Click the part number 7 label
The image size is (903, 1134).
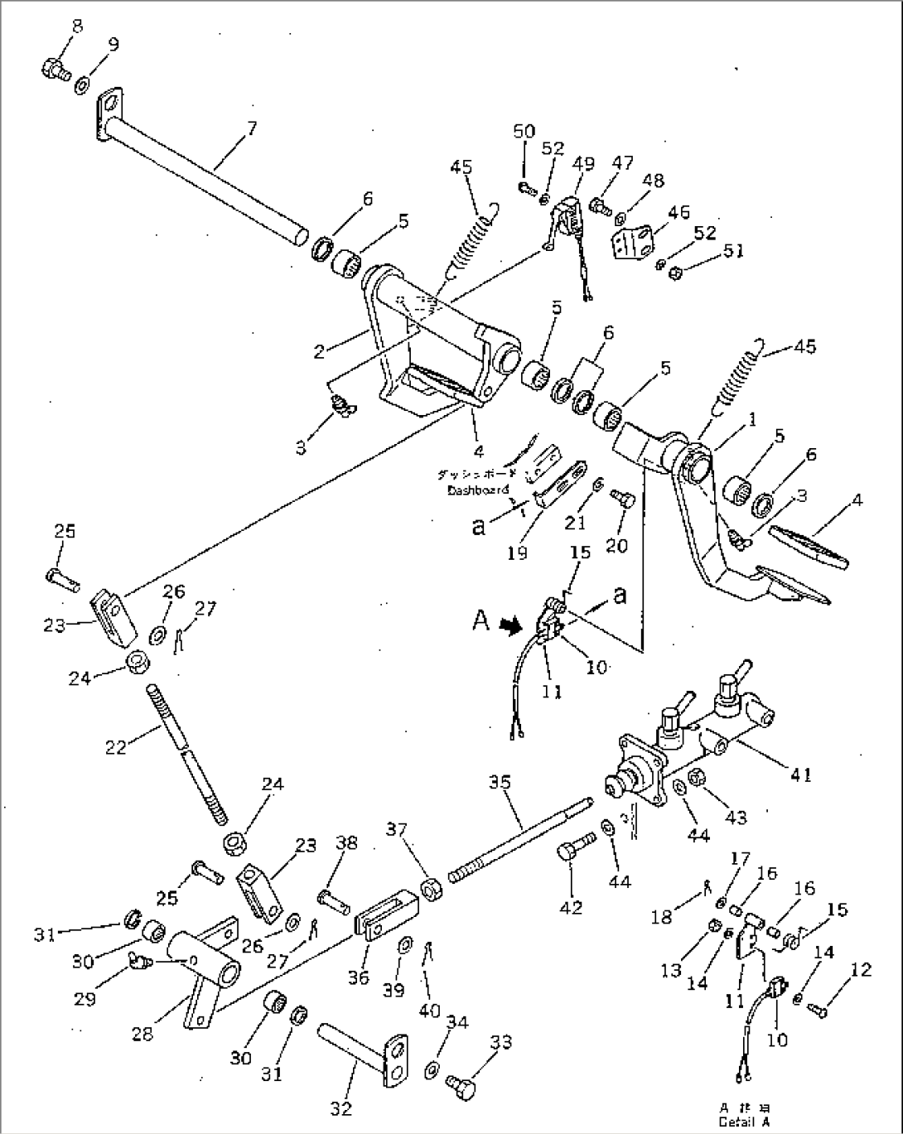coord(252,128)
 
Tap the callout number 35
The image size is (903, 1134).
coord(500,781)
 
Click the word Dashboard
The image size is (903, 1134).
coord(478,490)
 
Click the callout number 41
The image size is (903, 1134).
coord(800,774)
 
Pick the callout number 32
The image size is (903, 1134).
coord(341,1107)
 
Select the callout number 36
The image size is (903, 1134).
coord(358,978)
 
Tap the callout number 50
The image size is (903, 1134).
coord(524,131)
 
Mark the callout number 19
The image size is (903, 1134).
coord(517,553)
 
